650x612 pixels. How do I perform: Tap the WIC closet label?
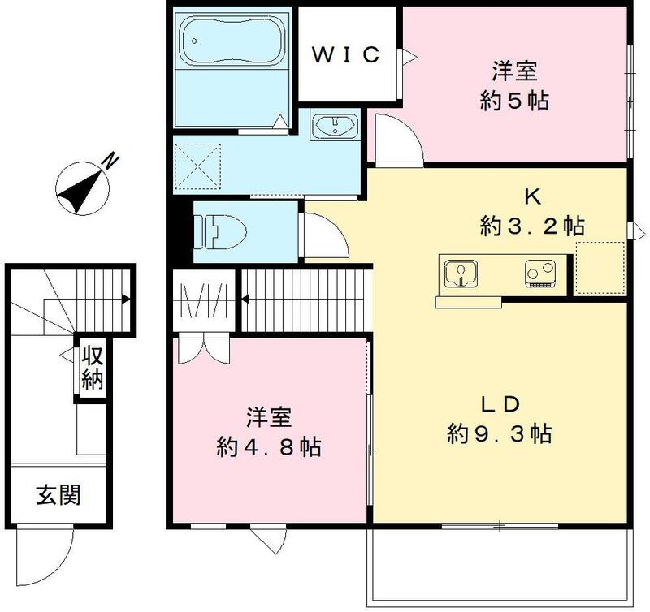point(346,55)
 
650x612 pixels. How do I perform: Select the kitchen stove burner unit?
point(539,274)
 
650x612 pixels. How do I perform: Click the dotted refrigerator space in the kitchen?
point(600,267)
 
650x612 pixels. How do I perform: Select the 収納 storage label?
point(92,368)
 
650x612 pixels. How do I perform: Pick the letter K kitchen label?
point(533,196)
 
